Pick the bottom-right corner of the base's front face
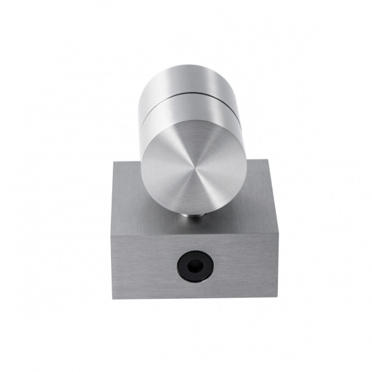pos(265,299)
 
